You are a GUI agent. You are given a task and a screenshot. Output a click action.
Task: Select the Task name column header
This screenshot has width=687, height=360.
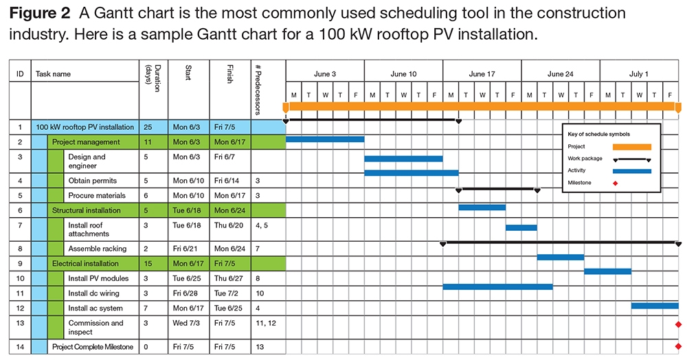tap(53, 74)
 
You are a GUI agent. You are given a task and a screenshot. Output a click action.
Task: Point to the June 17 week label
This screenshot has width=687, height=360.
tap(482, 74)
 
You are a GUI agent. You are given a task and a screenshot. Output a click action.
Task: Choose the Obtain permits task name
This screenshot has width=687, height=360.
tap(92, 181)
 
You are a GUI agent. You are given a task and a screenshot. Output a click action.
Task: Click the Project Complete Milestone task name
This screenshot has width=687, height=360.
tap(93, 347)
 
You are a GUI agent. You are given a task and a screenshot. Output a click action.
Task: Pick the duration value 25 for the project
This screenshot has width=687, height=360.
tap(148, 127)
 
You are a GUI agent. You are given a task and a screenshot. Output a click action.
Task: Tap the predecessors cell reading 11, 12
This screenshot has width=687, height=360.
tap(264, 323)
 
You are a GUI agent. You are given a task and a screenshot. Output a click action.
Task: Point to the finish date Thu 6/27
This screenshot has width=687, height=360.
tap(227, 278)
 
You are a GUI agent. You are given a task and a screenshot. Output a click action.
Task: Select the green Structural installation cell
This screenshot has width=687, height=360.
tap(86, 210)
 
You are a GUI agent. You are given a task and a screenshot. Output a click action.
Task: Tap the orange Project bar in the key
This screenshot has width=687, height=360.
tap(631, 146)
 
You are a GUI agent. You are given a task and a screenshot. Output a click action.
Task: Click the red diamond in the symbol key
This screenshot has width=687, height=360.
tap(615, 183)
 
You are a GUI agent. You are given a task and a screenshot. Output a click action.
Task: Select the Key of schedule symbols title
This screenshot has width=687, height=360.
tap(598, 134)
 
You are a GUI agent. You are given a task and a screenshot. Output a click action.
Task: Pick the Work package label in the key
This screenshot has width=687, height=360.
tap(585, 159)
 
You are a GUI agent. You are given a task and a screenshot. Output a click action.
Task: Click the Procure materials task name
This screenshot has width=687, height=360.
tap(96, 196)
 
